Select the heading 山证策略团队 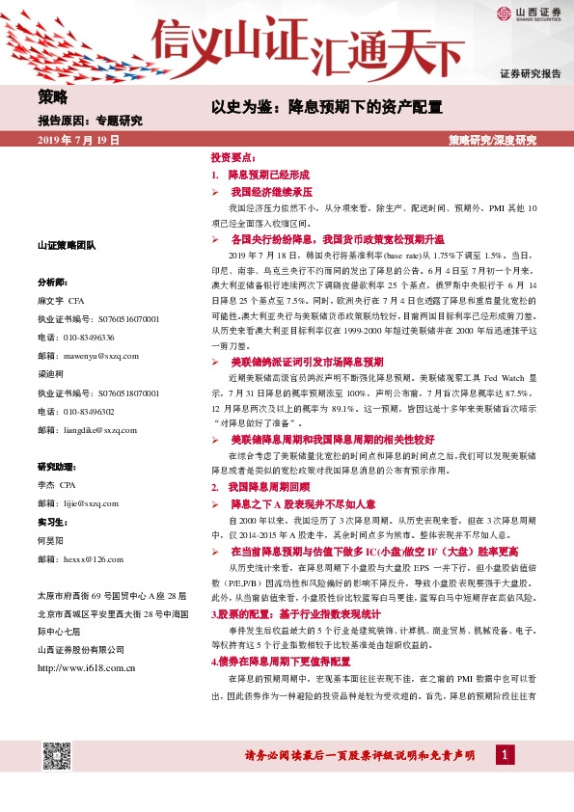[66, 246]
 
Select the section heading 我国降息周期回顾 [267, 462]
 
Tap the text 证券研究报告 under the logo [530, 73]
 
